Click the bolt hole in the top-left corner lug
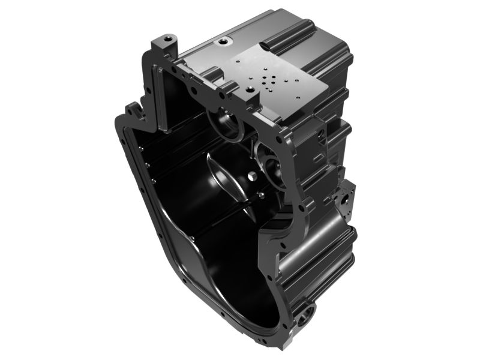pos(167,40)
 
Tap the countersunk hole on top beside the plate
pos(225,41)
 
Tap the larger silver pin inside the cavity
pos(251,176)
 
